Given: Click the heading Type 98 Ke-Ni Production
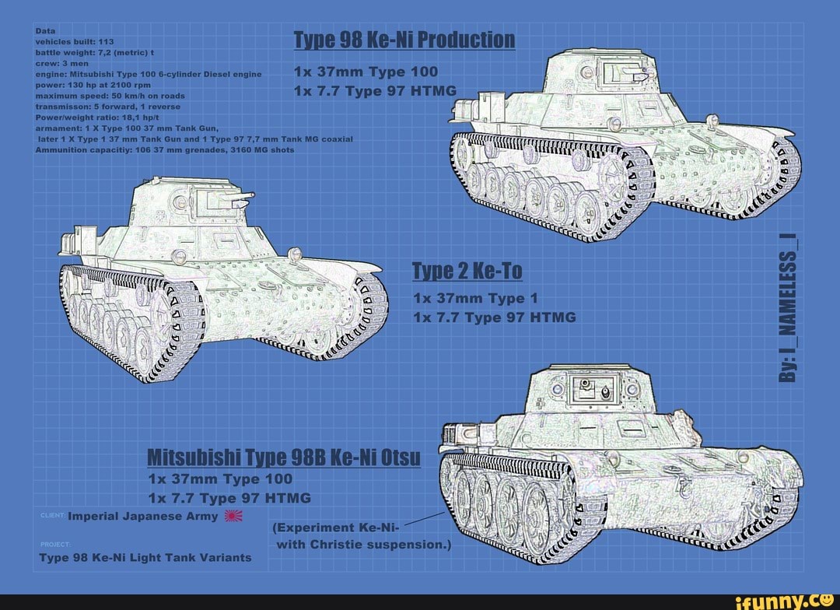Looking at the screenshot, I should pyautogui.click(x=404, y=40).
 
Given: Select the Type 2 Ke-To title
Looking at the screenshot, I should pyautogui.click(x=467, y=271).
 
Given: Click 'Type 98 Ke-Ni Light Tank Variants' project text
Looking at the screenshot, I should pyautogui.click(x=145, y=557).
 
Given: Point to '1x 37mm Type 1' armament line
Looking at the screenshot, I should pyautogui.click(x=475, y=298).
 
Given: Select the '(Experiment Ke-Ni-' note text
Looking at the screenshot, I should pyautogui.click(x=335, y=528).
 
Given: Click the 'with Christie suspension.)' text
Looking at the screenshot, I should pyautogui.click(x=364, y=544).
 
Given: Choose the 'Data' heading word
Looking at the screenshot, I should pyautogui.click(x=44, y=31).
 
